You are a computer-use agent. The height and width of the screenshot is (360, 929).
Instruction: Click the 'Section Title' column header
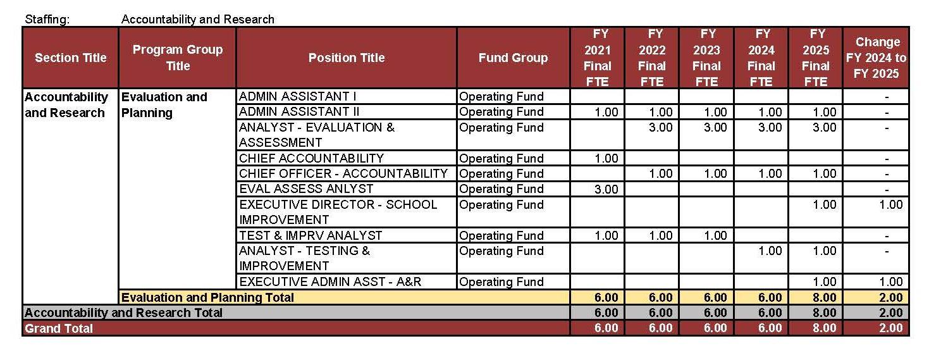70,58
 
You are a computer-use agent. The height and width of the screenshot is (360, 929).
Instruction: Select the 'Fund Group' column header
513,58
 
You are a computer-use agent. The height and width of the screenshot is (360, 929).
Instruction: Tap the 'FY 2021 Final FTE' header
597,58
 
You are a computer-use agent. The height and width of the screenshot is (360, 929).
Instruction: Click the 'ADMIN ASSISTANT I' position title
297,97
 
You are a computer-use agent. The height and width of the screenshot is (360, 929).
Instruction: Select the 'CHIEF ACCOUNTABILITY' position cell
311,158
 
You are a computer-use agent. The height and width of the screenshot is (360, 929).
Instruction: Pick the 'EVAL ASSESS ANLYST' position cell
306,189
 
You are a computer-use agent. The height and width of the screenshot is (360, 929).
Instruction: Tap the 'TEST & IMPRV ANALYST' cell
311,235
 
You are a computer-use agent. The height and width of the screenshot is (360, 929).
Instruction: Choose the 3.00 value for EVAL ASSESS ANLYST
606,189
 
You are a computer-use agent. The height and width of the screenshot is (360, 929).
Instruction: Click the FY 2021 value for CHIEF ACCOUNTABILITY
606,158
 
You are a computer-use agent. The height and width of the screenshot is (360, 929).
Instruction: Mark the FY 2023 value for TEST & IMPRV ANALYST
715,235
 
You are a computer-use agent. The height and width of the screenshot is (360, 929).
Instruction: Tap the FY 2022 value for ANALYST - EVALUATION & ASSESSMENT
660,128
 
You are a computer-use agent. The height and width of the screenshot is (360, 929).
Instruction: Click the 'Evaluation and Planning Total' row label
207,297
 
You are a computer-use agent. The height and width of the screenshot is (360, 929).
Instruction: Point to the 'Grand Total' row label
59,328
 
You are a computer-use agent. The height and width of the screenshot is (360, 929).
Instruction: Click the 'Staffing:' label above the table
47,19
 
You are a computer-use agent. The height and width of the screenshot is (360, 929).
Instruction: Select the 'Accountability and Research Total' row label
123,313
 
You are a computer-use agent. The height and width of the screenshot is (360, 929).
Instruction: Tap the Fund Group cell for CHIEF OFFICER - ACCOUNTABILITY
501,173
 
